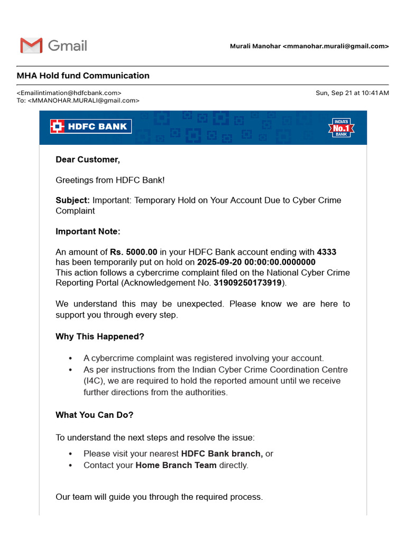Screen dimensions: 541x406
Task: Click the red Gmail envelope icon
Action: coord(31,45)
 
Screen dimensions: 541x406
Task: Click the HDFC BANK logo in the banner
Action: coord(91,126)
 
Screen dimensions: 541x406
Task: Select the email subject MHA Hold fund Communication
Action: coord(83,76)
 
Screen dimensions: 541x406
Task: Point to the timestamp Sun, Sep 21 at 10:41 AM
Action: coord(352,93)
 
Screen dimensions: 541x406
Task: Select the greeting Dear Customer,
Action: coord(88,160)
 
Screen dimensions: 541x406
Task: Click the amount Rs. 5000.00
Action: coord(134,252)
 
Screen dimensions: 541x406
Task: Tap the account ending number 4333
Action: coord(326,252)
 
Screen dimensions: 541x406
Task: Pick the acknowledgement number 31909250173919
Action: coord(247,283)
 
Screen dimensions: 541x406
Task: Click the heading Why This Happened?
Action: coord(100,337)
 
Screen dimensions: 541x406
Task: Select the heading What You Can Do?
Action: coord(95,415)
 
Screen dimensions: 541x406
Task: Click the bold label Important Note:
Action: coord(88,231)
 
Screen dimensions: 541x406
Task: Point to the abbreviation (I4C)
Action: coord(93,381)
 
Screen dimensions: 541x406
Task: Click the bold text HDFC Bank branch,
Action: coord(222,453)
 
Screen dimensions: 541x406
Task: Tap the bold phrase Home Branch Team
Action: coord(176,465)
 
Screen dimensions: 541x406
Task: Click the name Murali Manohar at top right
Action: coord(255,46)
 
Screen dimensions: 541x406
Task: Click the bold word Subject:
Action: coord(73,200)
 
